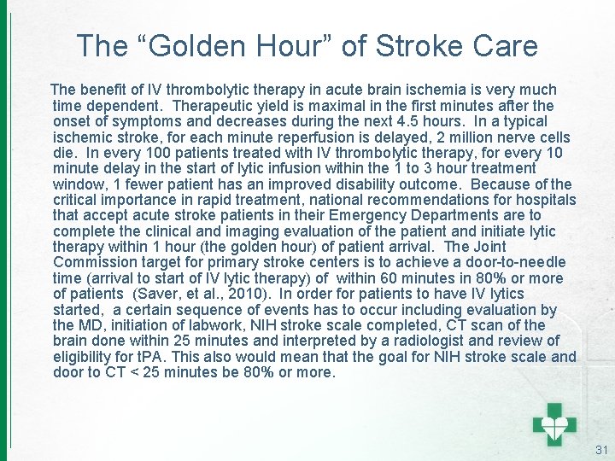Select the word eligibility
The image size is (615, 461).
click(x=86, y=358)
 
